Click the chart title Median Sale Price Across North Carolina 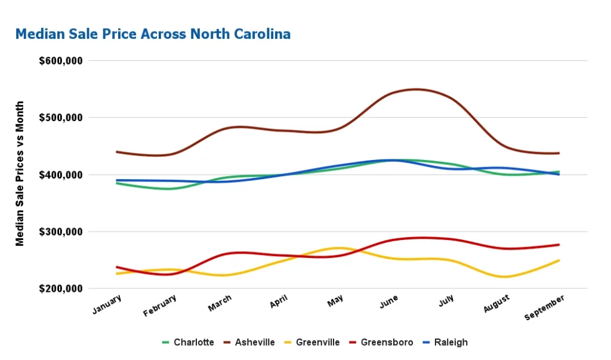(153, 34)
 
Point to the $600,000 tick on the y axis (60, 61)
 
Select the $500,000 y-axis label (60, 118)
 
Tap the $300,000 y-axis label (60, 232)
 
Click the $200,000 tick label (60, 289)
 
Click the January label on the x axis (107, 303)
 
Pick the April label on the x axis (279, 302)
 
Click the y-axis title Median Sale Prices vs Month (20, 174)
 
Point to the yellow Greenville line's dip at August (505, 277)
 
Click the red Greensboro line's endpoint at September (558, 245)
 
